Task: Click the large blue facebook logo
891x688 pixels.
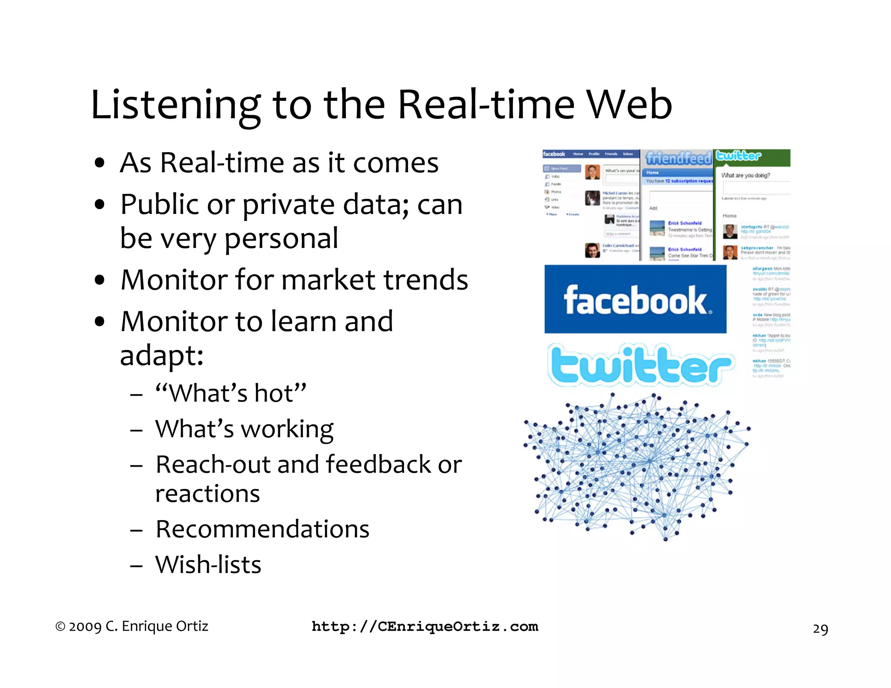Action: pos(635,300)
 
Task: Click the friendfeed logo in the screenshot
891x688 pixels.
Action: pos(678,158)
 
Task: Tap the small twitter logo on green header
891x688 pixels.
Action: pos(738,156)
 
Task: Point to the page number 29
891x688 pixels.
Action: pos(820,629)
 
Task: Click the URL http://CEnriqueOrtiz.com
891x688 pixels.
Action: pos(425,627)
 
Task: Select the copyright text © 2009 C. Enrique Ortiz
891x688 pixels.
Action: pos(132,626)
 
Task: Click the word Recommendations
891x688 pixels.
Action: pos(262,529)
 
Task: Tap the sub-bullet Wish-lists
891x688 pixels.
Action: pos(208,565)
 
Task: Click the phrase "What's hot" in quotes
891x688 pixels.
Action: pos(231,393)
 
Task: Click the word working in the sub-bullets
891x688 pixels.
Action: pos(287,429)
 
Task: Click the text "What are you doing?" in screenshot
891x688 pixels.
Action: pos(745,175)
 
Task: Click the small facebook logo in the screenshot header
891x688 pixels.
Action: pos(554,154)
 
